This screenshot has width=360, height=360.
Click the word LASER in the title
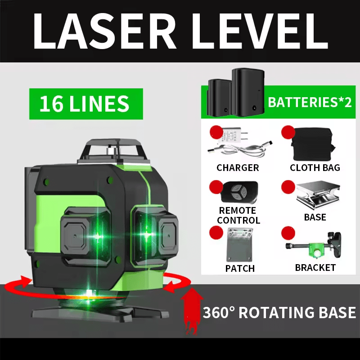pos(105,31)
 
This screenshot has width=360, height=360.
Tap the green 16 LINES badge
pos(86,104)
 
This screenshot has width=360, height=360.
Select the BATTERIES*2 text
pos(310,102)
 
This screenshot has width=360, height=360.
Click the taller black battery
pos(248,92)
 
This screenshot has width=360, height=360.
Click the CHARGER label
pos(238,168)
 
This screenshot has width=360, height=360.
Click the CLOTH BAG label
pos(315,168)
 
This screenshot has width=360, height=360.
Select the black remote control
pos(240,192)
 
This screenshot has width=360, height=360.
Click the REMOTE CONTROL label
pos(238,216)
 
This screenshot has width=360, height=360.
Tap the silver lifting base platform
pos(318,195)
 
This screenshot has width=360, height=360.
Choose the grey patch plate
pos(240,245)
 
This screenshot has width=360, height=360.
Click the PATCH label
pos(240,268)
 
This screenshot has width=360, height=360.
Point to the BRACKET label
pos(315,268)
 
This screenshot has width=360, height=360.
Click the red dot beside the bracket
pos(288,233)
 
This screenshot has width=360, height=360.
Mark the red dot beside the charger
pos(216,132)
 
